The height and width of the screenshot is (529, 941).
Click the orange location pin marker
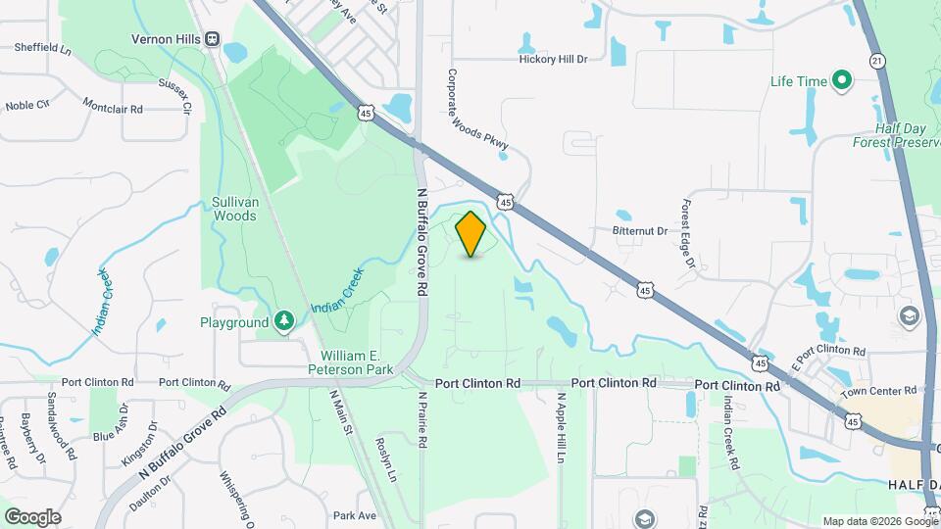[471, 233]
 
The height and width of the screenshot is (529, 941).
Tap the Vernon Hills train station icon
[213, 39]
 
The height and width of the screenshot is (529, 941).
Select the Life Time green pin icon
[840, 80]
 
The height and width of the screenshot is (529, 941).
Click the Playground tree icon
[283, 321]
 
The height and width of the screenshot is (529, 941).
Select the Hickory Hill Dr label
[553, 59]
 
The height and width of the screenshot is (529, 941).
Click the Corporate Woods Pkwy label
[477, 109]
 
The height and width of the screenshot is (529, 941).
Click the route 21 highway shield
[876, 61]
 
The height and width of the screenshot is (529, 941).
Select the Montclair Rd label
[113, 105]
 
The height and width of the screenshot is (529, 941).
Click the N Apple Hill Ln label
[562, 422]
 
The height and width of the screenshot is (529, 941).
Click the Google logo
[32, 516]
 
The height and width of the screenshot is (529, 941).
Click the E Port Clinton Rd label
[829, 351]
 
